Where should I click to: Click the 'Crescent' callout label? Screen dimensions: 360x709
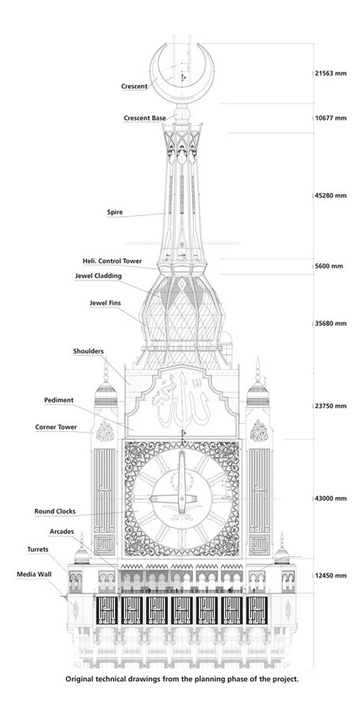135,86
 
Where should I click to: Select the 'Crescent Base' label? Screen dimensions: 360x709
145,118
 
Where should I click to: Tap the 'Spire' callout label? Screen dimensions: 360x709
115,212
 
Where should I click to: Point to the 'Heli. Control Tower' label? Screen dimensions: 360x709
112,262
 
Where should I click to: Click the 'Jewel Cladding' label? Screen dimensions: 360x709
98,276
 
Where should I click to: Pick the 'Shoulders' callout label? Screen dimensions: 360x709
88,351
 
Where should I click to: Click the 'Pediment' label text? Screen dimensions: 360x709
59,400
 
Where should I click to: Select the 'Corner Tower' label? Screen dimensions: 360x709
56,427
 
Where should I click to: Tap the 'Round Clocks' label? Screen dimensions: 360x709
54,511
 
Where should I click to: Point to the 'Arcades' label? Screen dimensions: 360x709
61,531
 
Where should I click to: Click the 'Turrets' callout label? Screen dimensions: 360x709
38,549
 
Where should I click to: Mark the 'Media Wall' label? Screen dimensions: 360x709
34,574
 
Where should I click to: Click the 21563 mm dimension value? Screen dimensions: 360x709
331,72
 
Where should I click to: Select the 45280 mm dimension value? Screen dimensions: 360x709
331,195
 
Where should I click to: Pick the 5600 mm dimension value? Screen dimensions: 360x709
328,266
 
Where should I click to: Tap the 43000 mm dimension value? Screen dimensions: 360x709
331,499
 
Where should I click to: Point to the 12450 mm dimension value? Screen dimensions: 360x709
331,576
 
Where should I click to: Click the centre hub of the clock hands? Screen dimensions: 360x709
182,499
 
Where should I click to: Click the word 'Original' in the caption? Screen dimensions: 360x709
80,679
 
